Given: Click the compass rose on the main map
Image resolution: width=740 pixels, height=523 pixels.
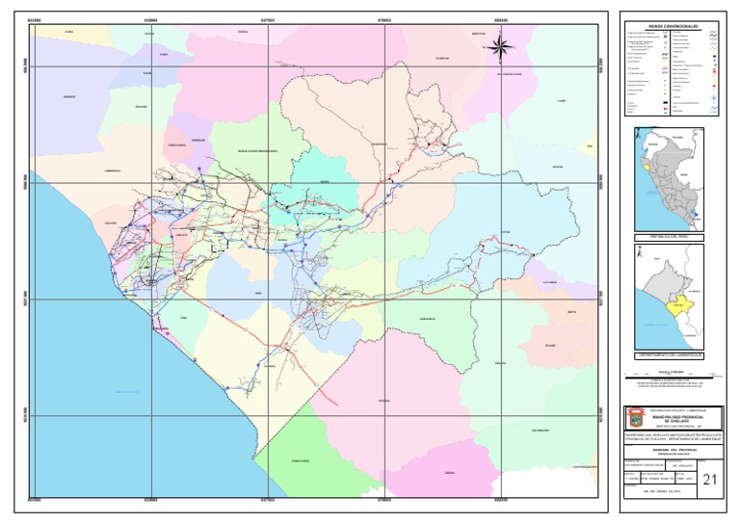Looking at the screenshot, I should pyautogui.click(x=500, y=43).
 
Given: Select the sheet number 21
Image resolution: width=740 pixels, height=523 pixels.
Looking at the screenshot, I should pyautogui.click(x=710, y=479).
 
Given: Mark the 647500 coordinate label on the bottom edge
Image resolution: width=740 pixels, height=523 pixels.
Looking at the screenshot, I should pyautogui.click(x=268, y=500).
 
